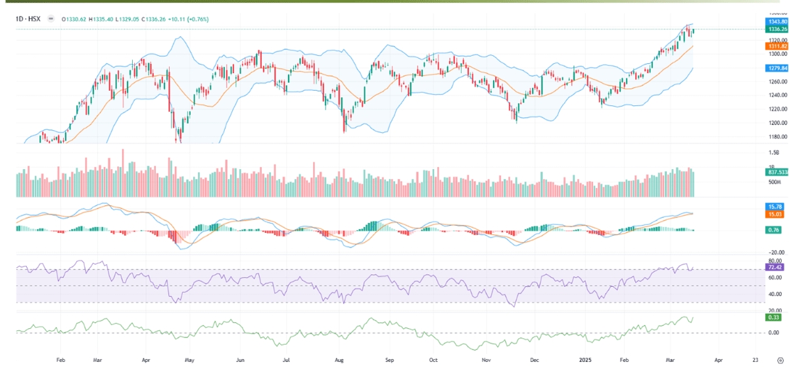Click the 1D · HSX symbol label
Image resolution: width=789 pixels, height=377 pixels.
pyautogui.click(x=28, y=19)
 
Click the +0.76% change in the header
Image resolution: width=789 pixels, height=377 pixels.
pyautogui.click(x=199, y=19)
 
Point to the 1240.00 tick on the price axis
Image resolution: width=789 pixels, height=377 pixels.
pyautogui.click(x=777, y=95)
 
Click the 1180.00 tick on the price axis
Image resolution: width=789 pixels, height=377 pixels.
pyautogui.click(x=777, y=137)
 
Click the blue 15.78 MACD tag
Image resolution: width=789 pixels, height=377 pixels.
pyautogui.click(x=773, y=207)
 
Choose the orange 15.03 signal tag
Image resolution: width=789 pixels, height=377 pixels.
pyautogui.click(x=773, y=214)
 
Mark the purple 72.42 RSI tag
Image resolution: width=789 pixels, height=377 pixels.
pyautogui.click(x=773, y=268)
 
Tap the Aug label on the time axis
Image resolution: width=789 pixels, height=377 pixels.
pyautogui.click(x=339, y=361)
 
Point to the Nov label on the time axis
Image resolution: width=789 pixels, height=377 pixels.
pyautogui.click(x=486, y=361)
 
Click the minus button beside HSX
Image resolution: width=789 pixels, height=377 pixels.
pyautogui.click(x=51, y=19)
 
